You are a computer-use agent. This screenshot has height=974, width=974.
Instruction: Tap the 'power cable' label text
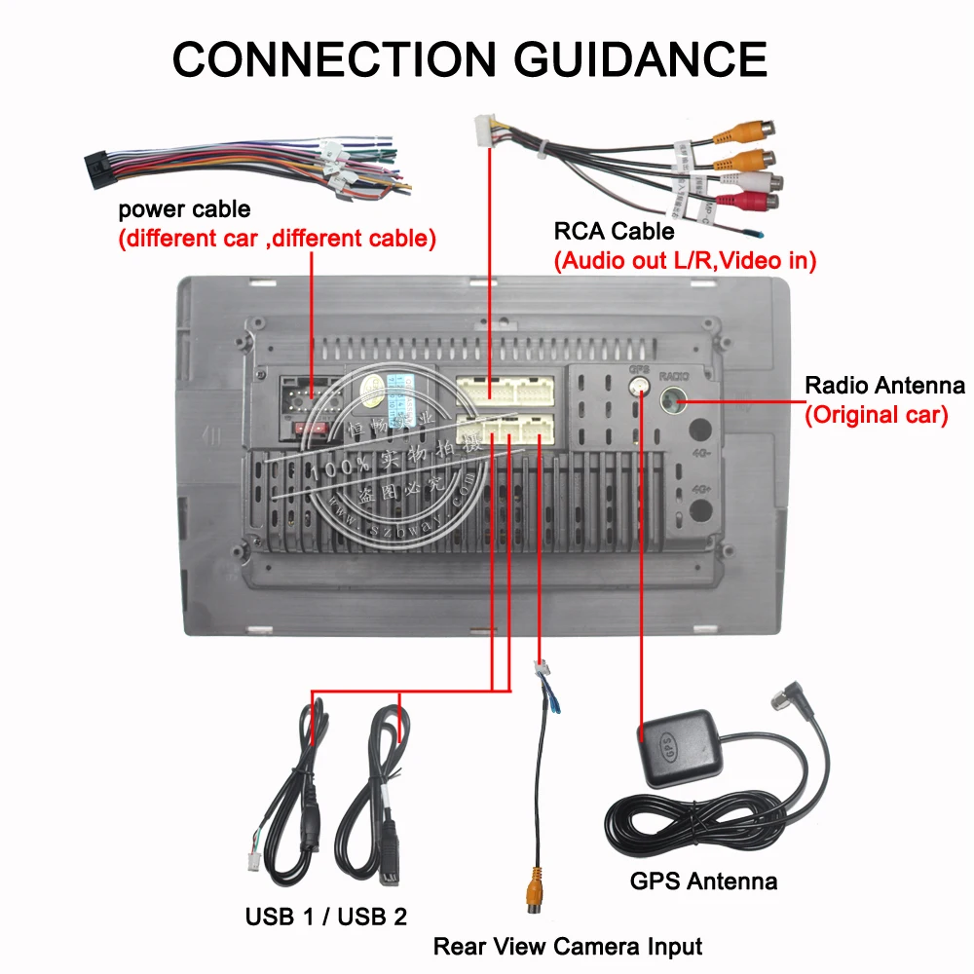(x=184, y=209)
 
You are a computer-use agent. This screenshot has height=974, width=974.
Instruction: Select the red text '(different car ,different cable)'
(x=277, y=239)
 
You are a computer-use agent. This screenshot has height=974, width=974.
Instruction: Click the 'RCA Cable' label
(x=614, y=231)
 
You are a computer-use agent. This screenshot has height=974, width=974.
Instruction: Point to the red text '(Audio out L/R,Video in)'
(x=685, y=260)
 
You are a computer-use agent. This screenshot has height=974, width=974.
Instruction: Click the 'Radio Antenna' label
(x=884, y=386)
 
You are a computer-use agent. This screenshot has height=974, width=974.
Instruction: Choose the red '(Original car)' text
(x=876, y=415)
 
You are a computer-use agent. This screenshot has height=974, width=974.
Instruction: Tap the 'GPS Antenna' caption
(x=703, y=881)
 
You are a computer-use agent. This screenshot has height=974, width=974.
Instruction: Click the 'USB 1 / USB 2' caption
(x=326, y=916)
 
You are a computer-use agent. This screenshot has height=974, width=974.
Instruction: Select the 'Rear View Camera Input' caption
(x=567, y=946)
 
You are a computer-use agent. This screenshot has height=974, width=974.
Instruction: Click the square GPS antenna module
(x=677, y=747)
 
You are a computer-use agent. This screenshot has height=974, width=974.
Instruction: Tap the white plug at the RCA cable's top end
(x=485, y=131)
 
